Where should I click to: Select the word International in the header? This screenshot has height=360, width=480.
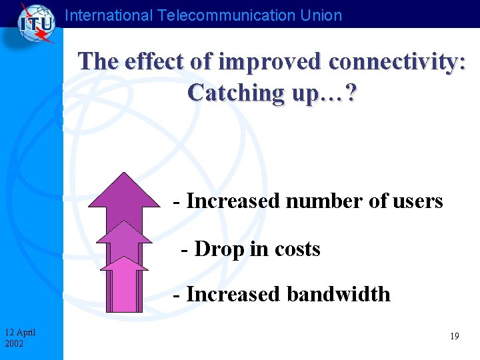pos(109,15)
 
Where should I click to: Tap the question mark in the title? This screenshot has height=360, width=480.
pos(351,92)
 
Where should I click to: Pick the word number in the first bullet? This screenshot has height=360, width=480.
pos(317,201)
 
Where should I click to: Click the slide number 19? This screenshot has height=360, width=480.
pos(454,337)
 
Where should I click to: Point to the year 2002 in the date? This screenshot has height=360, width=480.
pos(13,343)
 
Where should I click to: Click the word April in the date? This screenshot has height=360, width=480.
pos(27,332)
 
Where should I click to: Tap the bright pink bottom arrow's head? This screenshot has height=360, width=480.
pos(123,263)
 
